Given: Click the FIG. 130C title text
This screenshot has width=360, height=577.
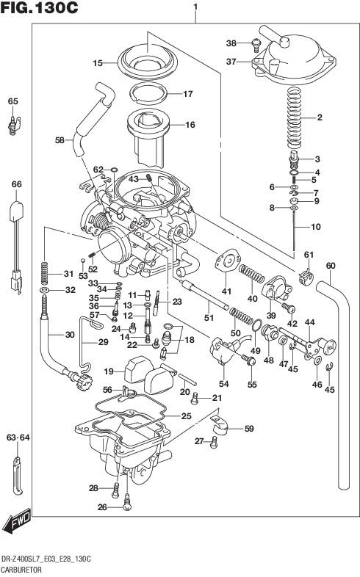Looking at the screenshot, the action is point(40,7).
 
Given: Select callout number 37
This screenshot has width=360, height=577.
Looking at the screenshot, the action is point(231,62).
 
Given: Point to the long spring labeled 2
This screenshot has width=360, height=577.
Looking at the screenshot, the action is point(295,117).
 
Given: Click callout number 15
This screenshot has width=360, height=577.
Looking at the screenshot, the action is point(98,63).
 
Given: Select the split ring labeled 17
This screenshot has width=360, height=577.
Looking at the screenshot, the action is point(148,92).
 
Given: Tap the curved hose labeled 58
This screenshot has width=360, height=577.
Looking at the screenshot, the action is point(93,120).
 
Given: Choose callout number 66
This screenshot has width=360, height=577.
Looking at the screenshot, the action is point(17,184).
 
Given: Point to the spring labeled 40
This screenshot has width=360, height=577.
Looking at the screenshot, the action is point(251,274).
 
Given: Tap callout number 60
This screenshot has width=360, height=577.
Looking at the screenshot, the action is point(331,266).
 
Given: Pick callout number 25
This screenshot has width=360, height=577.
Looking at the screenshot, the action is point(187,416).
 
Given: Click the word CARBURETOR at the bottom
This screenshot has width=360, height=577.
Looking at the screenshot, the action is point(21,570).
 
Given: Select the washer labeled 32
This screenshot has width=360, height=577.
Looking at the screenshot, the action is point(44,291).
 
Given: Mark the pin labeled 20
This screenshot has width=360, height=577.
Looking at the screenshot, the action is point(188,380).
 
